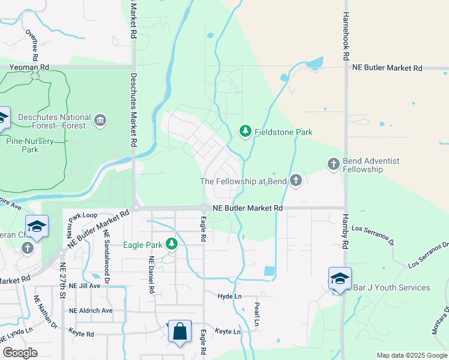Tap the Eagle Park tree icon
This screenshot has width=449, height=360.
(172, 244)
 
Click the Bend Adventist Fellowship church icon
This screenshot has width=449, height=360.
(333, 163)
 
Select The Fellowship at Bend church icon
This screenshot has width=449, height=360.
(295, 180)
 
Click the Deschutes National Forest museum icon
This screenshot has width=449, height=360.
(100, 121)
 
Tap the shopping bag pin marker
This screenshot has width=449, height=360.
(179, 331)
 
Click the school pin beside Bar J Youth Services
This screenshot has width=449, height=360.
(340, 278)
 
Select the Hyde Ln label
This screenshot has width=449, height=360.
(229, 296)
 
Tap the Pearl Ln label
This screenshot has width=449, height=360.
(256, 314)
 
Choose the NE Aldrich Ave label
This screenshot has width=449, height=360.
(91, 310)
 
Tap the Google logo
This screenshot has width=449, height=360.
(20, 352)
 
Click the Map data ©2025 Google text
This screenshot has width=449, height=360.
(411, 355)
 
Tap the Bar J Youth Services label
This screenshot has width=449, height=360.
(391, 287)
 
